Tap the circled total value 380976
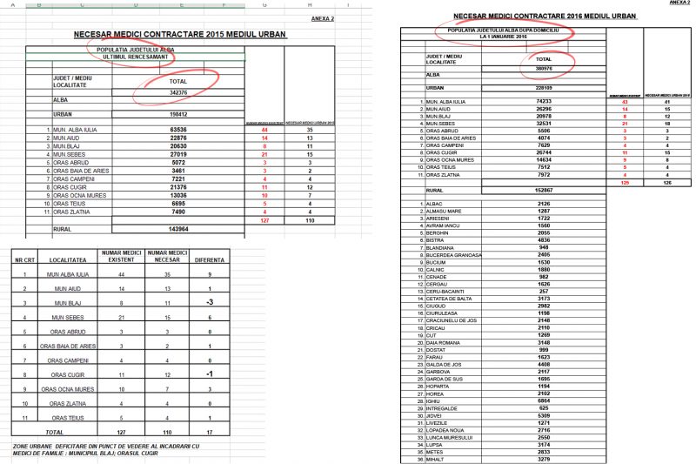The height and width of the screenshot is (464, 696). (x=545, y=67)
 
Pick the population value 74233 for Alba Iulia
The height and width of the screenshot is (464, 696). (x=545, y=102)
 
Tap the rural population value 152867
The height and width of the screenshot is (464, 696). (x=545, y=190)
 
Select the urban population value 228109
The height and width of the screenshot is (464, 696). (x=545, y=88)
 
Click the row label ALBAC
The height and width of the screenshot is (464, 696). (x=434, y=203)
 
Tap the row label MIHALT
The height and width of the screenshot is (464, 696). (x=436, y=459)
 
